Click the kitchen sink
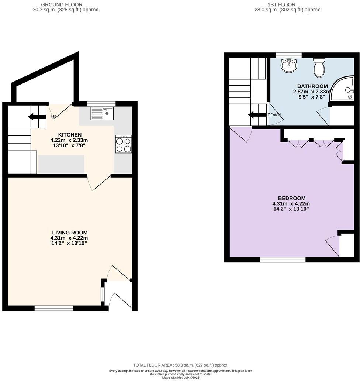tap(102, 113)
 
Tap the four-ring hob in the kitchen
tap(124, 144)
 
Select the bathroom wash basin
tap(289, 66)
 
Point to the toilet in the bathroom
tap(318, 67)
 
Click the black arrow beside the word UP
tap(37, 117)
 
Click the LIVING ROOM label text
tap(70, 233)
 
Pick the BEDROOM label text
tap(291, 198)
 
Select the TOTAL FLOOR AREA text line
tap(181, 365)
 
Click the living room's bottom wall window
tap(54, 308)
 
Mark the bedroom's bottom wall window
tap(283, 260)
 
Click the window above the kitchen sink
tap(101, 104)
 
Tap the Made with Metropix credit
tap(180, 378)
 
